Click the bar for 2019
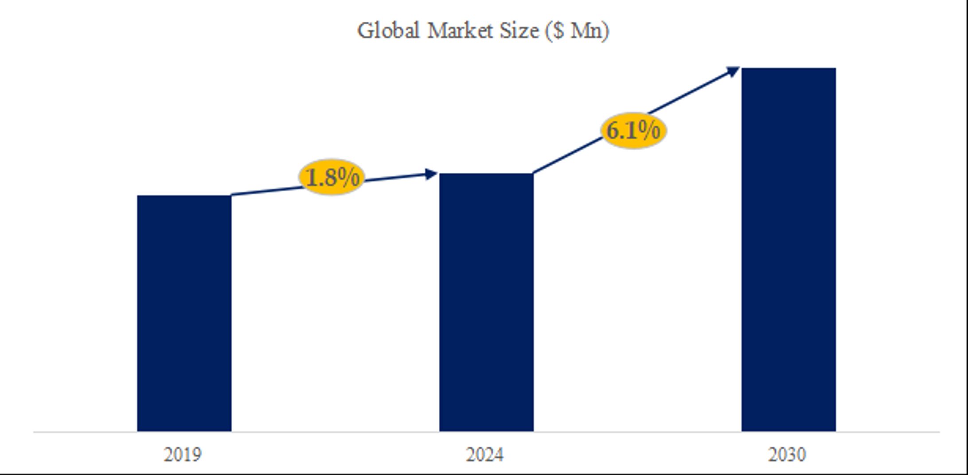coord(184,313)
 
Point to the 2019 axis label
coord(183,455)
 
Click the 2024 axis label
coord(485,455)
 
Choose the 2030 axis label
coord(787,455)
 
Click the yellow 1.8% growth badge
coord(332,178)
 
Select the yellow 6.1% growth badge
coord(633,130)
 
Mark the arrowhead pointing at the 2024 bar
coord(431,174)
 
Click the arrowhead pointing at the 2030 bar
coord(733,71)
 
